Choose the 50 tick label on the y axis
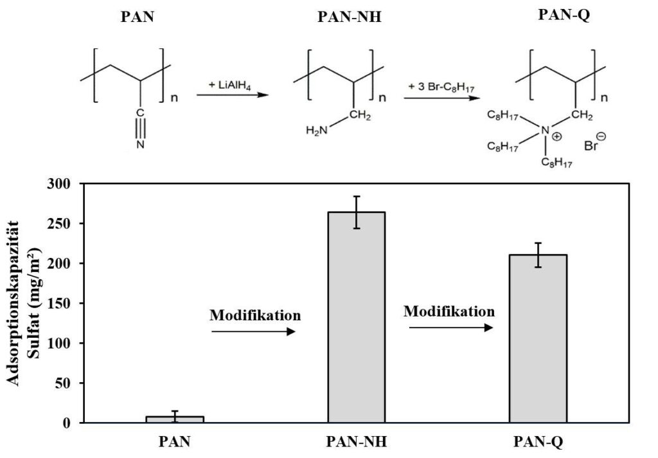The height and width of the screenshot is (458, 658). tap(66, 383)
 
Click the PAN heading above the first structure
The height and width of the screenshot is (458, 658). tap(138, 17)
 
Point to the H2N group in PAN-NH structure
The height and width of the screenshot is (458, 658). tap(317, 131)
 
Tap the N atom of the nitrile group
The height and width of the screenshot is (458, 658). tap(140, 145)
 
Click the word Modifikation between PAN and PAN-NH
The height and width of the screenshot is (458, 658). tap(255, 316)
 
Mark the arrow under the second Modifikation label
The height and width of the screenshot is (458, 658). tap(451, 327)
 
